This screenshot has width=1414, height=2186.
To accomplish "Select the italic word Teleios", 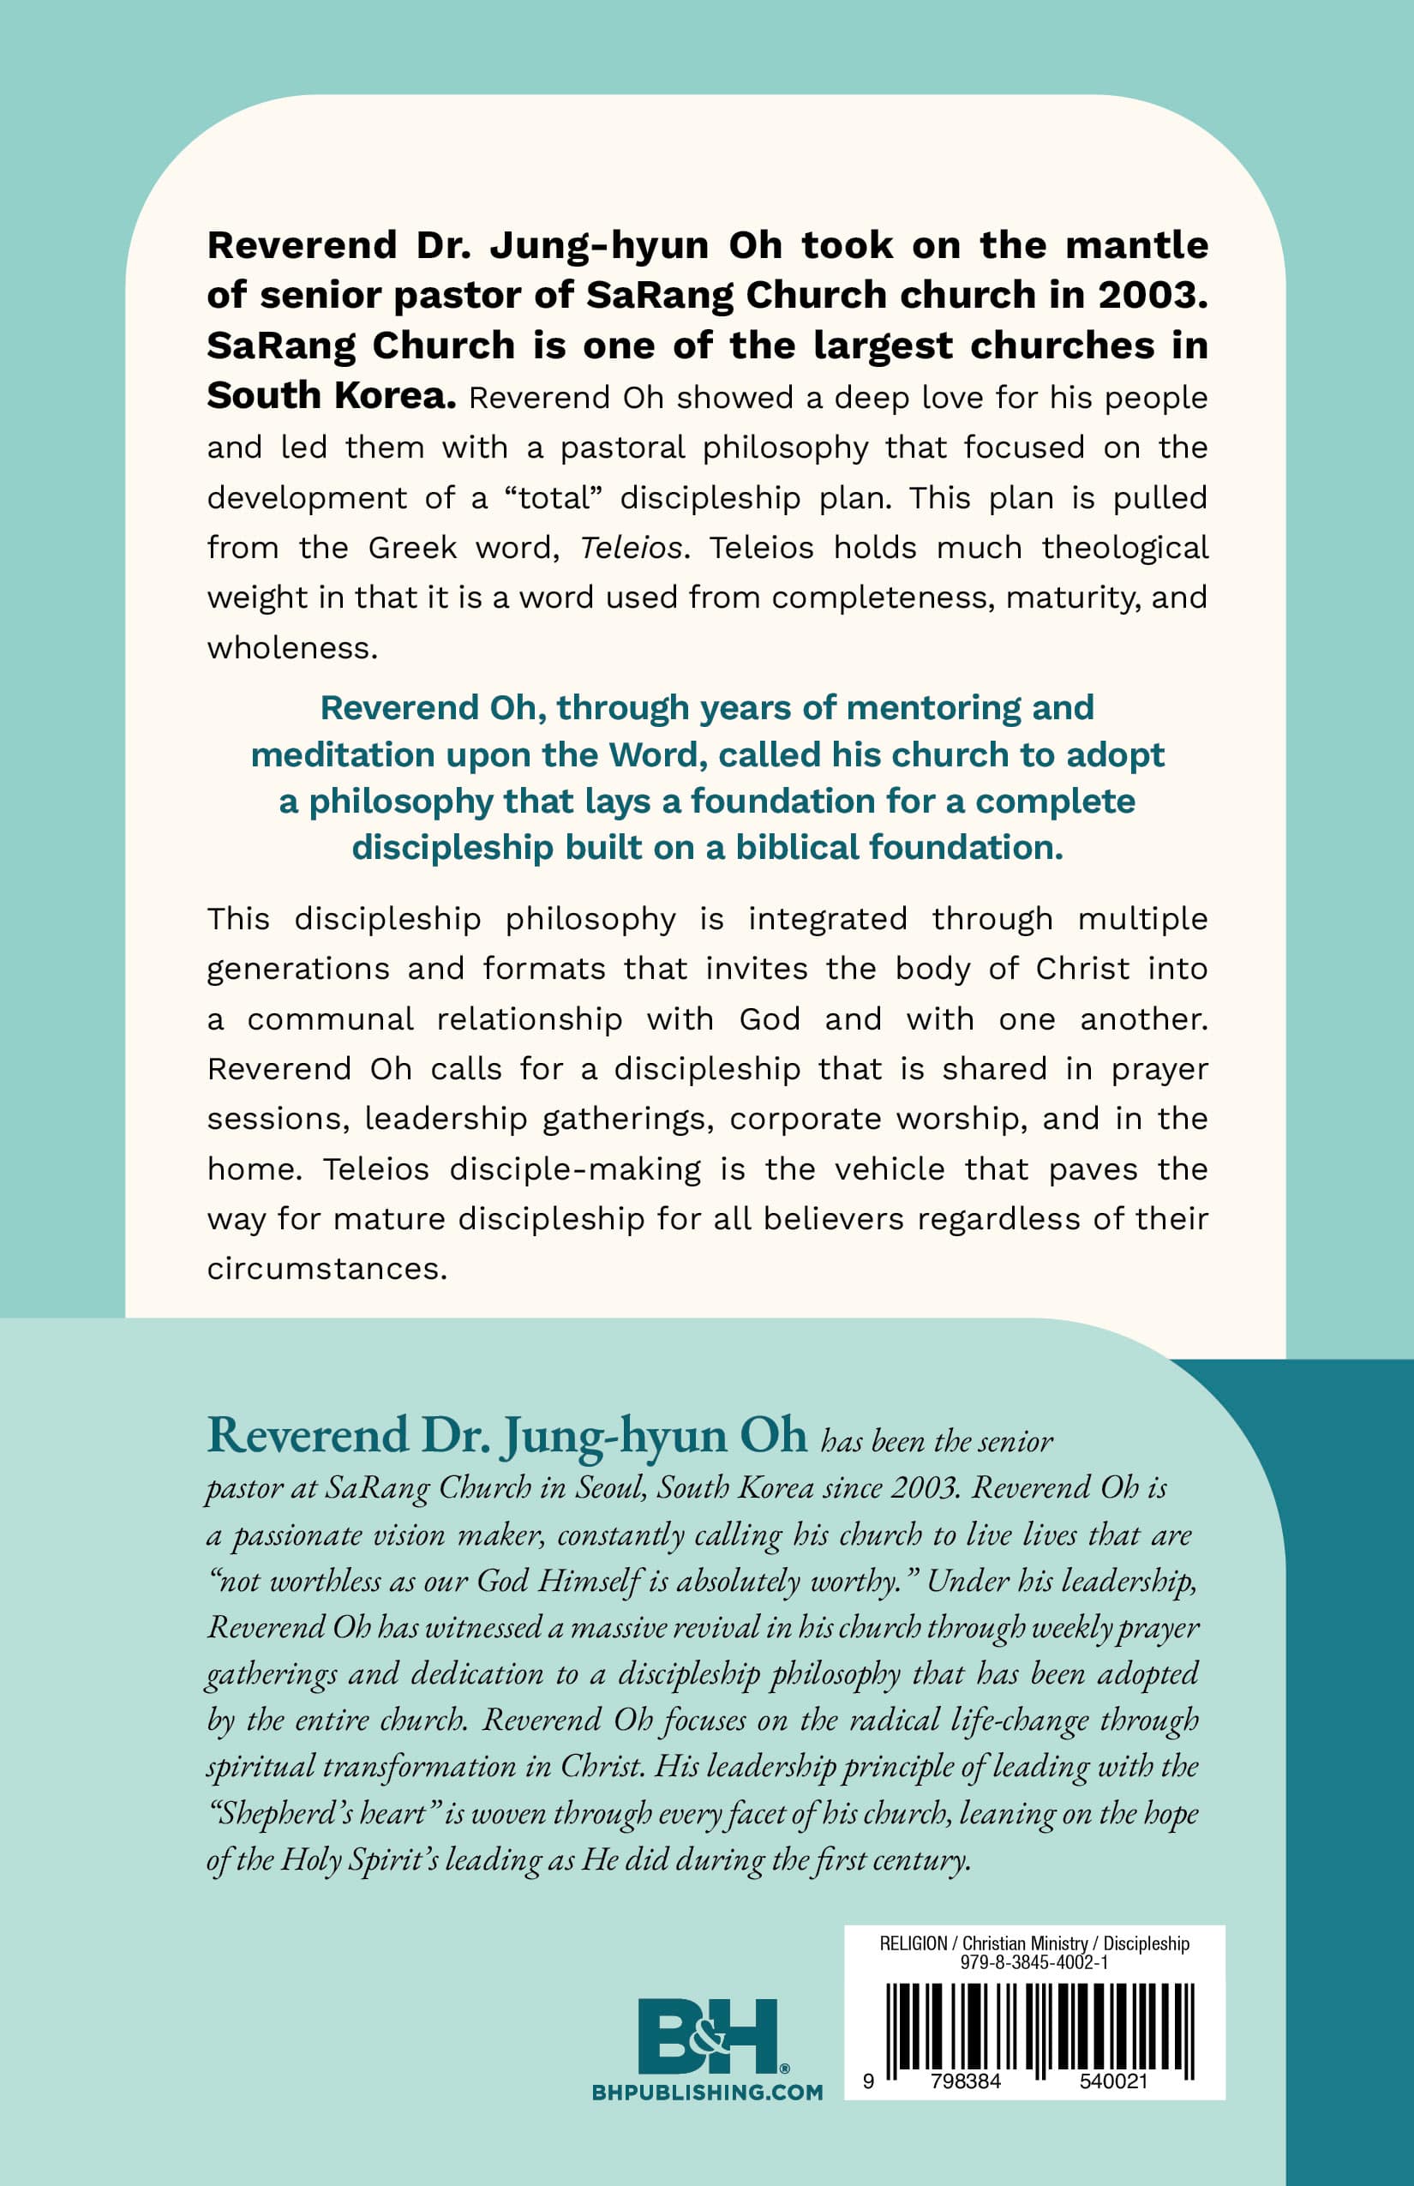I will (632, 549).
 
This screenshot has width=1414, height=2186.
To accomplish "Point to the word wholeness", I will (292, 648).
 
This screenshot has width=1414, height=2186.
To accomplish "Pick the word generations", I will (297, 969).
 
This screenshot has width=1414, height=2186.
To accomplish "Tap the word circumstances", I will (327, 1270).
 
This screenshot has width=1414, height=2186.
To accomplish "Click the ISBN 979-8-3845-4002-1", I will (1034, 1962).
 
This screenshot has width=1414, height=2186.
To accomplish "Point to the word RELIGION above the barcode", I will (913, 1943).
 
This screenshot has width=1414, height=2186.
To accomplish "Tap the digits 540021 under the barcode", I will (1113, 2081).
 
